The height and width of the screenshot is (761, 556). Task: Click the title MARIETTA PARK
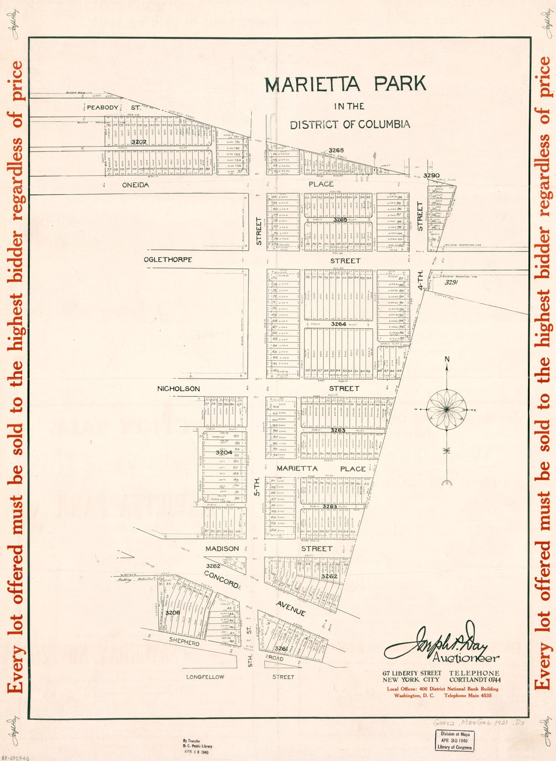[x=345, y=84]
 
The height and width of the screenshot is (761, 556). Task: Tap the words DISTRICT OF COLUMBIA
[x=350, y=124]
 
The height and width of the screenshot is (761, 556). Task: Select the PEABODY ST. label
[x=114, y=107]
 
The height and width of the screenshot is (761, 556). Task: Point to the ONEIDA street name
[x=135, y=185]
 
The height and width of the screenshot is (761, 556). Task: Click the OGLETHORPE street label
[x=168, y=260]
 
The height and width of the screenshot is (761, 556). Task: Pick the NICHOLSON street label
[x=178, y=388]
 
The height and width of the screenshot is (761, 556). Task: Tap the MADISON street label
[x=222, y=548]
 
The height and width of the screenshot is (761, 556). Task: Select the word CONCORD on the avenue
[x=221, y=579]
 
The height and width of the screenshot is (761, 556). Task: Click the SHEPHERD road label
[x=184, y=642]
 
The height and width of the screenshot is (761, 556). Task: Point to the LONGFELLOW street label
[x=205, y=677]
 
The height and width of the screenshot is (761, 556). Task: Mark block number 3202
[x=139, y=142]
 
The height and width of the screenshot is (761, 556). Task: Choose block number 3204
[x=224, y=452]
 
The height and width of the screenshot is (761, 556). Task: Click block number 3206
[x=173, y=613]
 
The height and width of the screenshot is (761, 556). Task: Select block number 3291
[x=451, y=283]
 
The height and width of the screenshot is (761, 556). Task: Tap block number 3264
[x=339, y=324]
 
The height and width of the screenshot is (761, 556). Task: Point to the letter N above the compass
[x=447, y=359]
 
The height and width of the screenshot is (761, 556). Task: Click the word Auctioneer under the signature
[x=466, y=658]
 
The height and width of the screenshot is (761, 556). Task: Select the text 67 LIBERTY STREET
[x=411, y=673]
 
